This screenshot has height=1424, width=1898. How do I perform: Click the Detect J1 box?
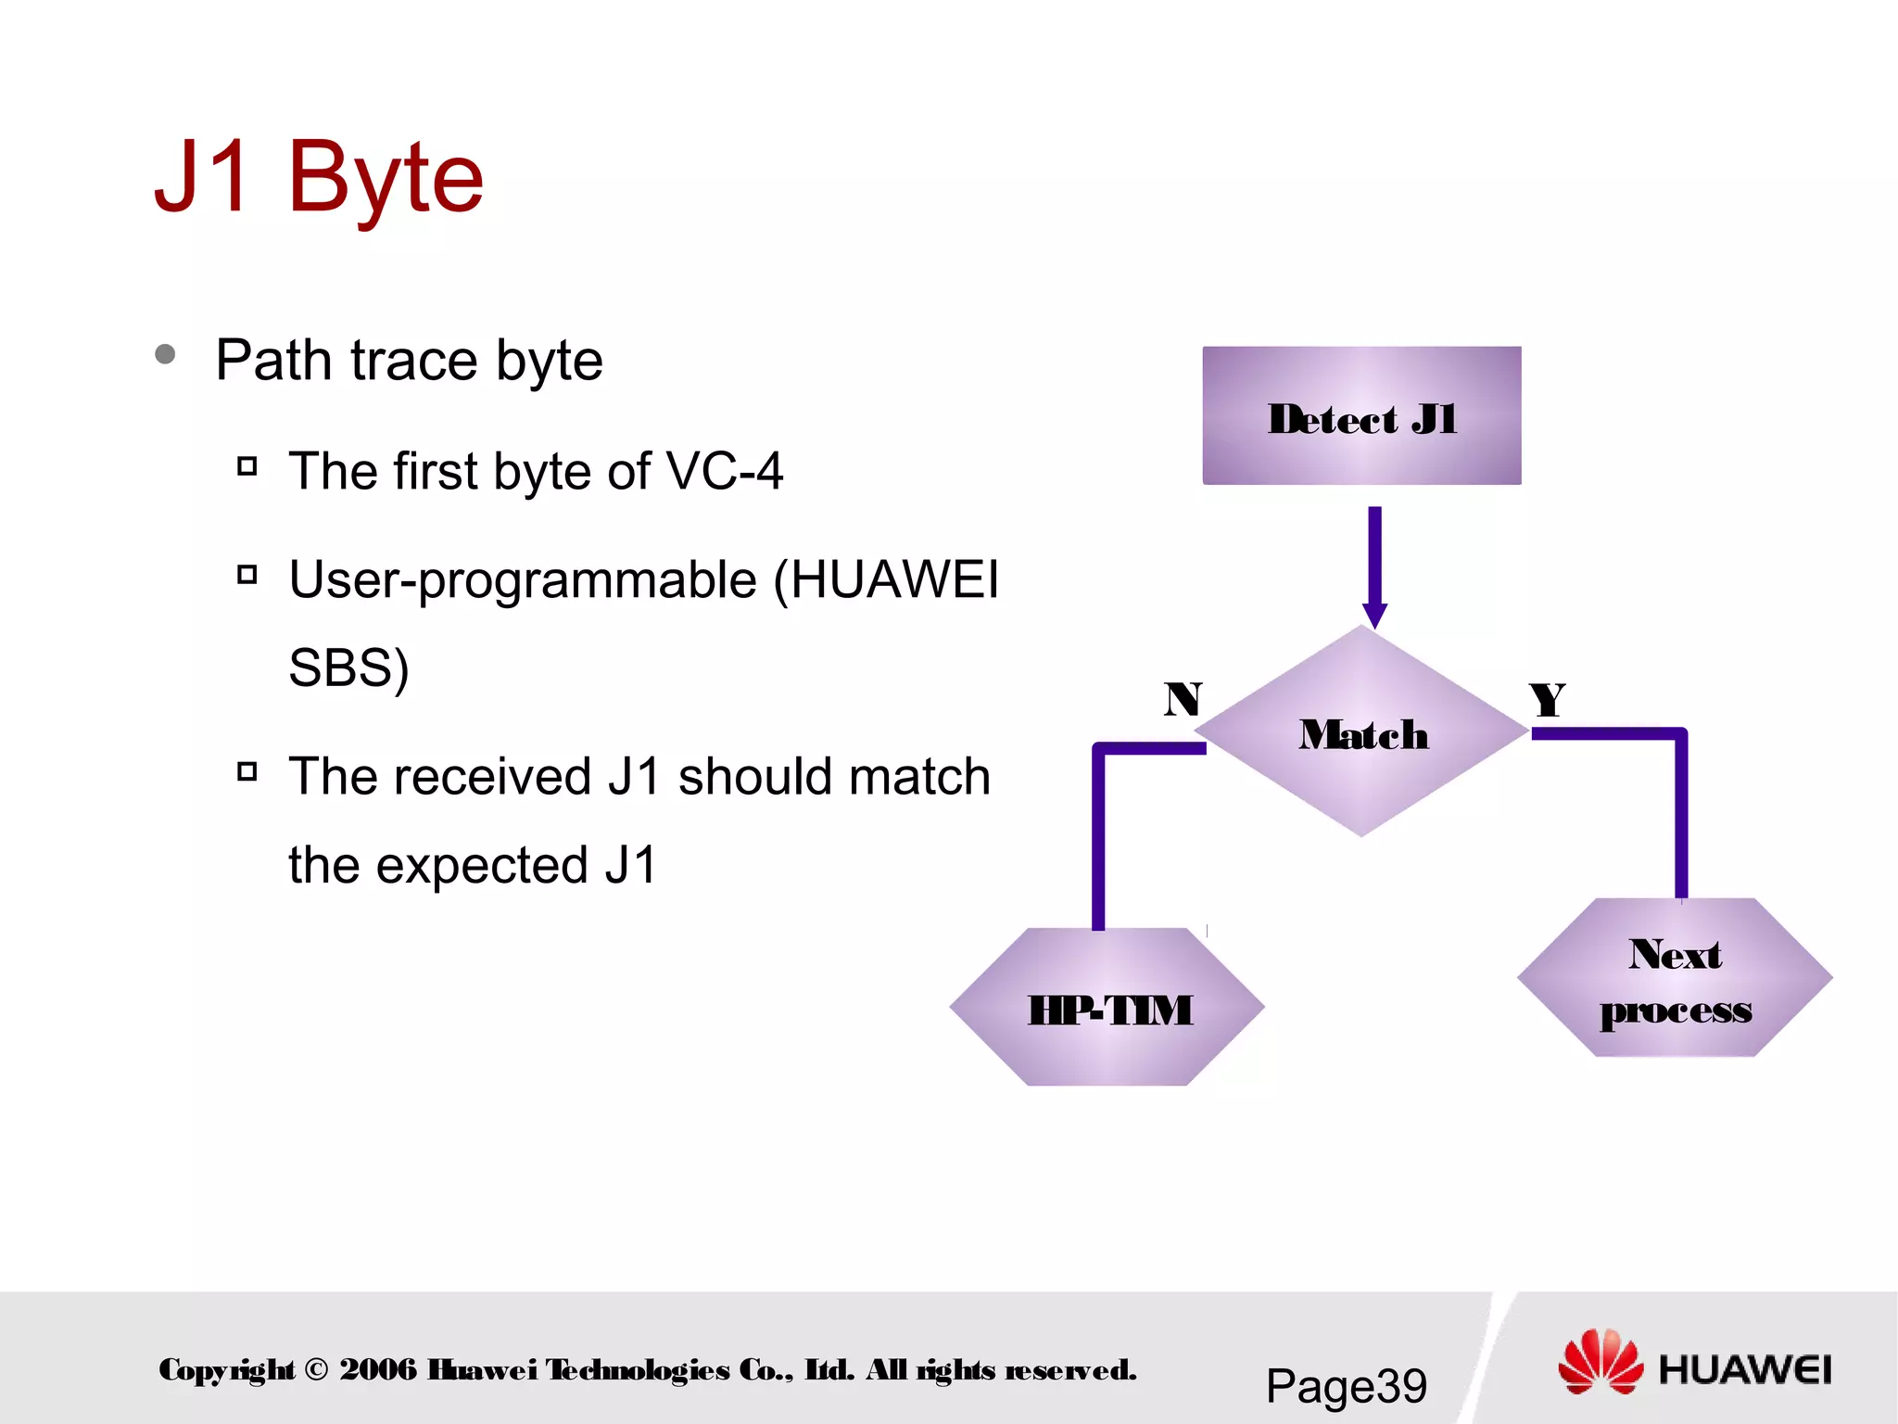1360,415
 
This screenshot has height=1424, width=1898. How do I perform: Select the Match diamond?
1360,732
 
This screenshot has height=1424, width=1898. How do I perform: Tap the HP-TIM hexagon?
1107,1008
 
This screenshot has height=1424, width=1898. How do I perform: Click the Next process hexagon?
1675,979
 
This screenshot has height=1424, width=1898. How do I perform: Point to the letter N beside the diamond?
1183,699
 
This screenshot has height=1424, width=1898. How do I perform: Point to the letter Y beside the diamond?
1547,700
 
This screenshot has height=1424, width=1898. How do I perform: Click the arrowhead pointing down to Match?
1374,614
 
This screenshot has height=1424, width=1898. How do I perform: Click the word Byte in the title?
385,178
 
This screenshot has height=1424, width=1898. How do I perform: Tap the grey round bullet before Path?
166,354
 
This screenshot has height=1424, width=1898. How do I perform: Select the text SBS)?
348,667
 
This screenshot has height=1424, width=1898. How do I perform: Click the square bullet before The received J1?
247,771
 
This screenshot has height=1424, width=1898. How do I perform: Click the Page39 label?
1346,1386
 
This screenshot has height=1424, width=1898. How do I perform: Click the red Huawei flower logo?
1600,1362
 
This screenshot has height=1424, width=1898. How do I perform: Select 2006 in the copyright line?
378,1369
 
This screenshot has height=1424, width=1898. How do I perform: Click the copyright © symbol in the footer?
316,1369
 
